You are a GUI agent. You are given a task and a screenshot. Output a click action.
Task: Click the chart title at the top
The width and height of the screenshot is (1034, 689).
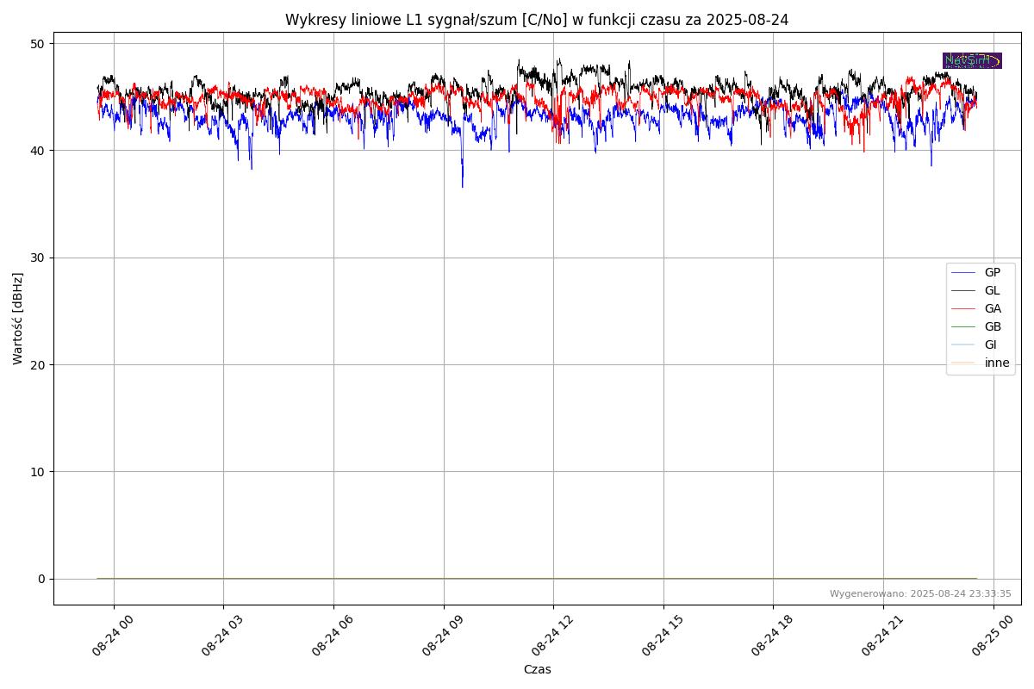tap(537, 20)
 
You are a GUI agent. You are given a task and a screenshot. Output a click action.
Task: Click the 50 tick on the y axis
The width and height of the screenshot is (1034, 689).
tap(38, 44)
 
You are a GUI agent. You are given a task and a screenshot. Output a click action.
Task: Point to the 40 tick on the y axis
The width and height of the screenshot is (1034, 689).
tap(38, 151)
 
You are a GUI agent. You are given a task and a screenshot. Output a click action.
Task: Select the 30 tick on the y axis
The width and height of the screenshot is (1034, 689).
tap(38, 258)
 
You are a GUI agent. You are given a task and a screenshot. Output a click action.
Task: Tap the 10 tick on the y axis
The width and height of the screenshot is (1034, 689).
tap(38, 472)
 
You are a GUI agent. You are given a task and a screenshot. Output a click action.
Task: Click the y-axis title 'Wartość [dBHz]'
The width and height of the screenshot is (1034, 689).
tap(18, 319)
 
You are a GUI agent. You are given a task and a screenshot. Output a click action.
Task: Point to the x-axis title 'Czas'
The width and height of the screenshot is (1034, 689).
tap(537, 669)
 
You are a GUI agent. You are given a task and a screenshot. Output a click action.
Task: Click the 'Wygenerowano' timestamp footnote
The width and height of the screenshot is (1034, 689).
tap(920, 593)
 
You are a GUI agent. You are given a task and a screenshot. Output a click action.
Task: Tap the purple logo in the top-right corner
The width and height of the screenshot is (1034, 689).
tap(972, 60)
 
